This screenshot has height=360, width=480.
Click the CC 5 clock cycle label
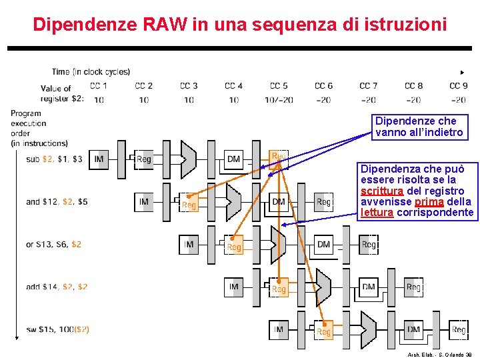coord(279,85)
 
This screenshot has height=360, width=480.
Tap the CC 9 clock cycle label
coord(458,85)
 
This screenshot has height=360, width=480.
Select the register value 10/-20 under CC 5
coord(279,99)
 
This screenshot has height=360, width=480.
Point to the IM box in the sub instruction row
coord(99,159)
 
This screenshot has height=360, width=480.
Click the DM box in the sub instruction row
coord(233,159)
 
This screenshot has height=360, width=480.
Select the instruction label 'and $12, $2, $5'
coord(57,201)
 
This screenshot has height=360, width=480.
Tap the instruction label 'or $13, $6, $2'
coord(53,244)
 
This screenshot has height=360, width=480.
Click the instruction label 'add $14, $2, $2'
coord(57,287)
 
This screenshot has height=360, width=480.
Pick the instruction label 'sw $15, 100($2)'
coord(57,329)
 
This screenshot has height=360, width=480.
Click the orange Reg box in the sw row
coord(323,331)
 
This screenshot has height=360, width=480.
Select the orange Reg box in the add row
coord(279,289)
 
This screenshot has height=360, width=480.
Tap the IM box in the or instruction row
coord(189,245)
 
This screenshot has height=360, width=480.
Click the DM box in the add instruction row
coord(368,287)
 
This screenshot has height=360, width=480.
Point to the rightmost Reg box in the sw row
coord(459,330)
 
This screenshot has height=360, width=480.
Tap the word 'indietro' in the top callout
coord(444,132)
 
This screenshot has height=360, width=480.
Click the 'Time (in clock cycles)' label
coord(91,71)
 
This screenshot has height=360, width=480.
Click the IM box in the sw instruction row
coord(279,329)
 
